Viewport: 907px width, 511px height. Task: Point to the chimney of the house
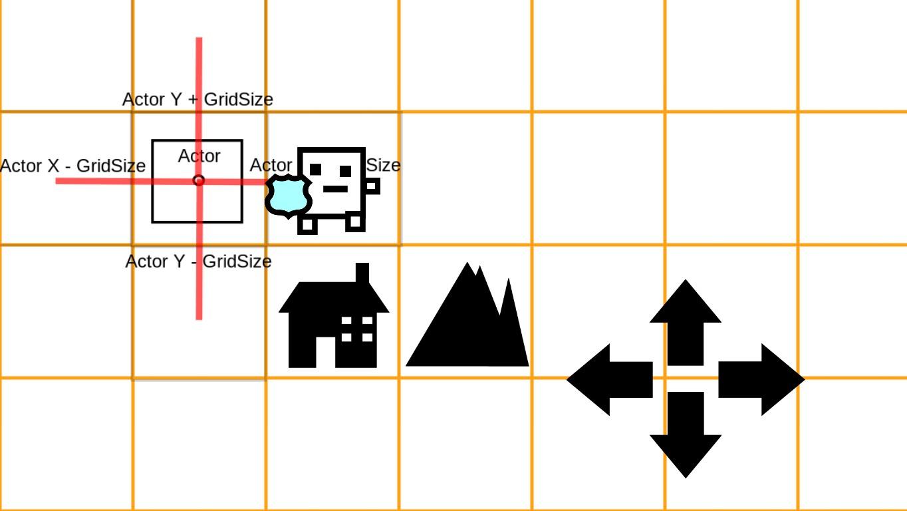tap(362, 273)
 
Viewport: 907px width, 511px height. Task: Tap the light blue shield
tap(289, 196)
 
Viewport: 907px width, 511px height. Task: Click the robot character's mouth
tap(335, 189)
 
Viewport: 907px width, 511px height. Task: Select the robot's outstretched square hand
tap(372, 186)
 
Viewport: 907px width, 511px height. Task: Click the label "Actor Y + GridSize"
tap(197, 100)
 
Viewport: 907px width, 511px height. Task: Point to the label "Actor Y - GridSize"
tap(198, 261)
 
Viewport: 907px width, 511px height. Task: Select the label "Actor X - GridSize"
tap(72, 166)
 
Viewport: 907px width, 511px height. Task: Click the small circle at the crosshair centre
tap(198, 180)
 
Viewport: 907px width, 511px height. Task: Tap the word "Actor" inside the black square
tap(199, 156)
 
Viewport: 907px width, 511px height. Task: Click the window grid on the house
tap(357, 329)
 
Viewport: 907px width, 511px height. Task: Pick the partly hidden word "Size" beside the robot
tap(384, 165)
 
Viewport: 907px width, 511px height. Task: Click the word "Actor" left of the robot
tap(271, 165)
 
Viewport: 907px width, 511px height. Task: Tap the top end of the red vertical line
tap(199, 40)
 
